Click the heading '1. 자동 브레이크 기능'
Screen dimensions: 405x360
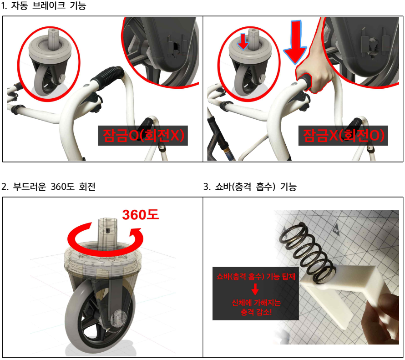[43, 5]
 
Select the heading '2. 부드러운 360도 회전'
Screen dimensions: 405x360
[49, 187]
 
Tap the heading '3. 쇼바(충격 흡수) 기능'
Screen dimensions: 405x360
[250, 187]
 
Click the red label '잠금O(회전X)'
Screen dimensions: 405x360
[143, 135]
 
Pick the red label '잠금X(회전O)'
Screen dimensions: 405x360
[344, 135]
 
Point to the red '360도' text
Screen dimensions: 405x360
[140, 215]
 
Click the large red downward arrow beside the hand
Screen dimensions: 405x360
[295, 42]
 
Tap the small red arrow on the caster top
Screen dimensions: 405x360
[243, 41]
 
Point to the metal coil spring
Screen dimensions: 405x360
[307, 251]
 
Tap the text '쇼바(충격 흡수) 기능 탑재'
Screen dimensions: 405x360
[256, 277]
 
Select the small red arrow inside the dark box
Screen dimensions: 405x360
[255, 289]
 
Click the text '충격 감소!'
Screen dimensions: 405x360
[256, 312]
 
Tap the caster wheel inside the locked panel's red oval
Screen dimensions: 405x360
[46, 77]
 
